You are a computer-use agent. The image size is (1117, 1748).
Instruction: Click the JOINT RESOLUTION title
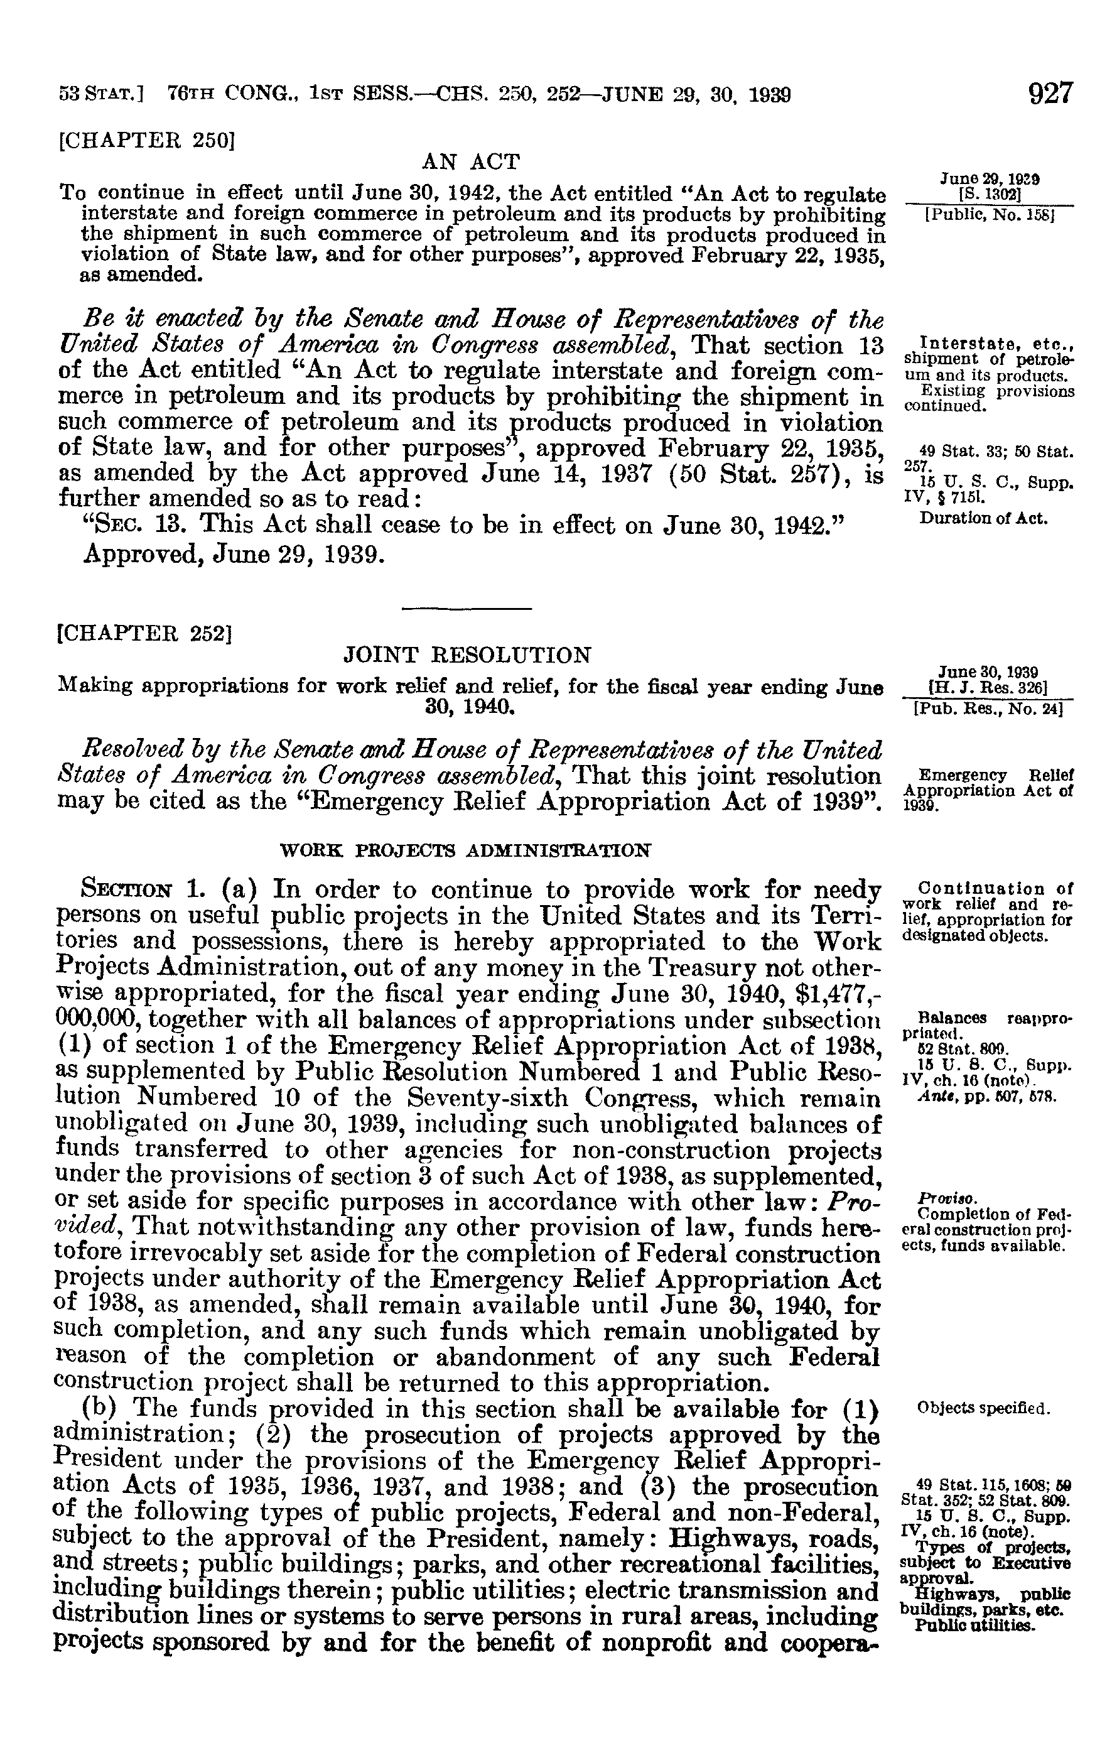467,656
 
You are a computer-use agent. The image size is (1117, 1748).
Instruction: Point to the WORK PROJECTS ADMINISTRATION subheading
465,849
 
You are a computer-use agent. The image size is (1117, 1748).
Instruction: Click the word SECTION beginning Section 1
129,889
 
